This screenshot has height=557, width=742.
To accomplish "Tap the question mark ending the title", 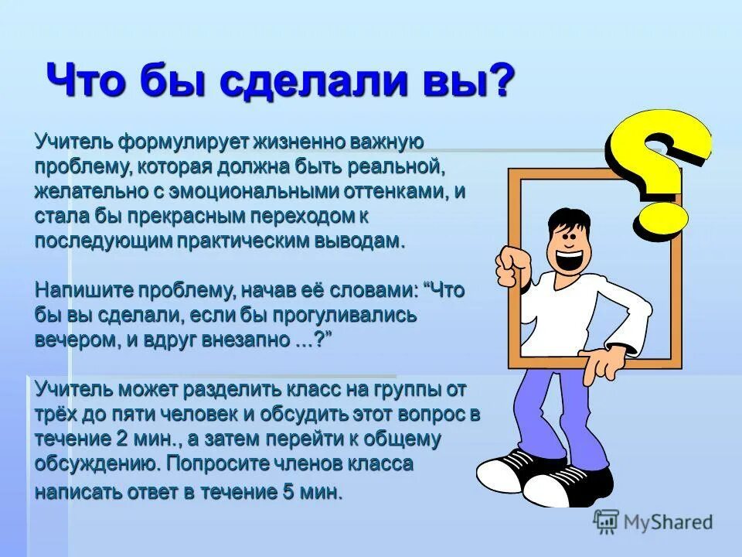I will click(502, 80).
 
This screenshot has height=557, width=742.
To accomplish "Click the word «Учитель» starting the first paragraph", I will click(74, 143).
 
